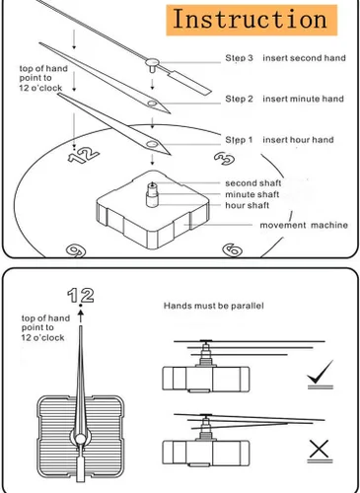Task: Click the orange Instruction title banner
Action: pos(252,20)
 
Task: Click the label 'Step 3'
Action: pos(239,58)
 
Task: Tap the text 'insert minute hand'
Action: pos(303,99)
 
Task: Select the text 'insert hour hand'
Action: pos(298,140)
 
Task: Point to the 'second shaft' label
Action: pos(253,183)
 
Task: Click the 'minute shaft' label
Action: pos(252,194)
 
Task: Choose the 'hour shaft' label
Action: pos(248,205)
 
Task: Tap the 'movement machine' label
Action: pos(304,225)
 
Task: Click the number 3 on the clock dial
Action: pos(224,159)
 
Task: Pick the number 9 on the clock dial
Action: pos(76,250)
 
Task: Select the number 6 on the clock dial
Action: pos(233,250)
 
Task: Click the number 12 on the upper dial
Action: pos(84,155)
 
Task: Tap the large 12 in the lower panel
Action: pos(81,295)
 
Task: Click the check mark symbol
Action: pos(321,372)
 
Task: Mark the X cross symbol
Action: pos(319,449)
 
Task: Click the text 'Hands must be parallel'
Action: pos(214,306)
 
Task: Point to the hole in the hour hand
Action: pos(152,144)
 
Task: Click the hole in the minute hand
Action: pos(152,104)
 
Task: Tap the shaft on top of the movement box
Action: pos(152,195)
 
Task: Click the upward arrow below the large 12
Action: pos(81,317)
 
